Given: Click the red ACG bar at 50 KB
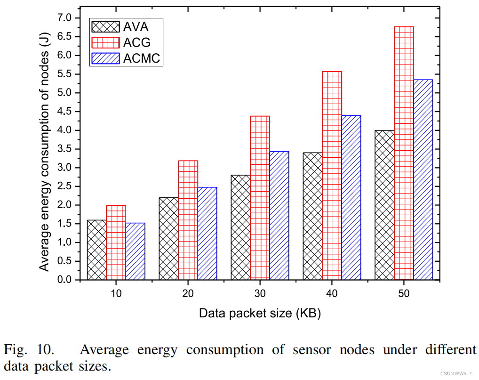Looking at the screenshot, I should (x=404, y=153).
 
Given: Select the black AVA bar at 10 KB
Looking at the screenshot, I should (x=97, y=250).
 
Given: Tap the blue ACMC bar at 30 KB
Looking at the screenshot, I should (x=279, y=215).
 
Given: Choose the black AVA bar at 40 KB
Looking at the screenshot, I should (x=312, y=216).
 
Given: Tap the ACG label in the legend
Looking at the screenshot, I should (x=137, y=42).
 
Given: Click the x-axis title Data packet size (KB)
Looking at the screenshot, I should (x=260, y=313).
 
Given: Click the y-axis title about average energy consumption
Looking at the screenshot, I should (x=44, y=149).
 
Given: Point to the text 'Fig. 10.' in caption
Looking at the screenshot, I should (x=29, y=350).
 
